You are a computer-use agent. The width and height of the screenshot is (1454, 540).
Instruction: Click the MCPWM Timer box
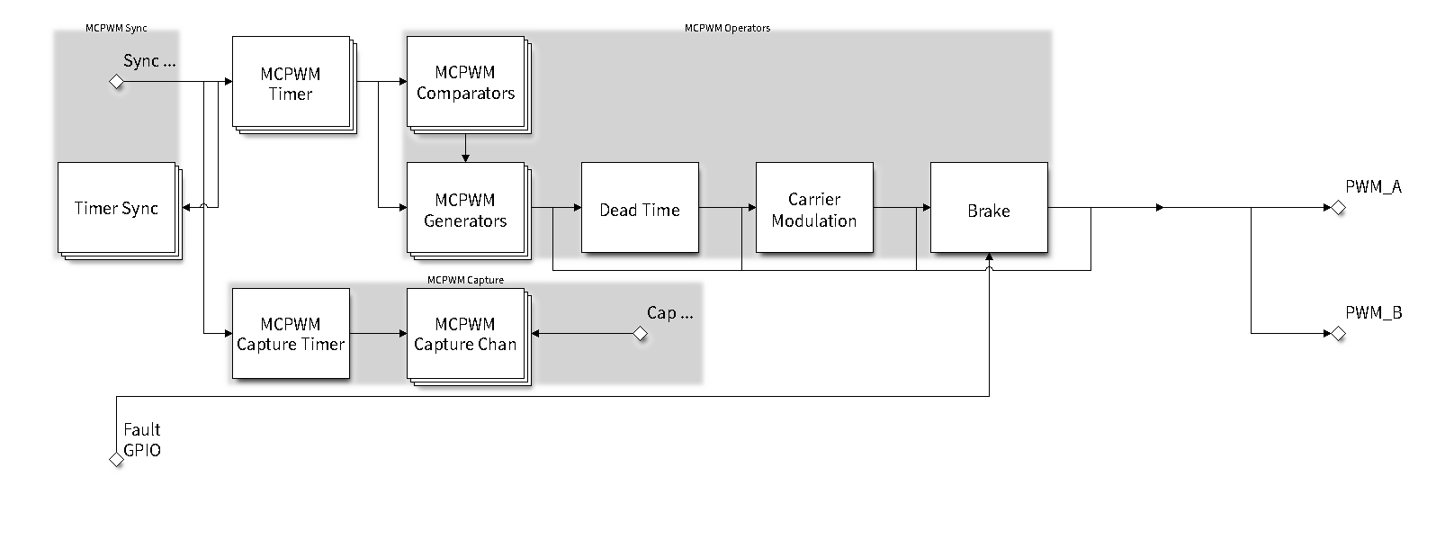point(291,83)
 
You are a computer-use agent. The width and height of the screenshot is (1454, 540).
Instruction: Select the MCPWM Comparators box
point(465,83)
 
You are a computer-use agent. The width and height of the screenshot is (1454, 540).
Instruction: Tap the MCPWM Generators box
point(465,210)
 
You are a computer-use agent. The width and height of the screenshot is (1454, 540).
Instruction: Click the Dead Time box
point(640,209)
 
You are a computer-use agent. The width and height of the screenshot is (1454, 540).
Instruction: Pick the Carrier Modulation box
point(814,209)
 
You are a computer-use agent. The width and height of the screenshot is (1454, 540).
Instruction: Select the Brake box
point(989,209)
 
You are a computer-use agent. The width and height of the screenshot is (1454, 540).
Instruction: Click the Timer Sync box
point(116,208)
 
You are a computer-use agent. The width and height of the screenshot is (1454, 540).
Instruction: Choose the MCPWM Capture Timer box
point(291,334)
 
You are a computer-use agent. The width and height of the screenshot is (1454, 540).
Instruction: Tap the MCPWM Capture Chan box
point(465,334)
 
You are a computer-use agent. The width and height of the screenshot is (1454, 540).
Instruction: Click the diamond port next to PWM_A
point(1338,208)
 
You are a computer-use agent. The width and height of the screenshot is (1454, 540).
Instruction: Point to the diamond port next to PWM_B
point(1338,334)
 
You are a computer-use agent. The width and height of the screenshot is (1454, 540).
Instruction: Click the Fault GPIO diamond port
point(116,460)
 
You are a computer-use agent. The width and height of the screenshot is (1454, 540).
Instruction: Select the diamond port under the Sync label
point(116,82)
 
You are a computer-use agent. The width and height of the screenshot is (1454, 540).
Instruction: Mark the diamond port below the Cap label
point(640,334)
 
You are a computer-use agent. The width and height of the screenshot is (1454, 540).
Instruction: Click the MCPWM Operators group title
point(727,28)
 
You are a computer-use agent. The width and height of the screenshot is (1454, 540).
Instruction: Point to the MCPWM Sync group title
point(116,28)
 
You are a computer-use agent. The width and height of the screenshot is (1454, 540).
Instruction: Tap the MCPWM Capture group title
point(465,280)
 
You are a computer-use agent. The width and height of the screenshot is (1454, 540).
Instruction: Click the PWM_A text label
point(1373,187)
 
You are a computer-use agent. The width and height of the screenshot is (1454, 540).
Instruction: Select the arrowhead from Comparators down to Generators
point(465,158)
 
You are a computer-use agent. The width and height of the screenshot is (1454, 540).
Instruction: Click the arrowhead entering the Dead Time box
point(578,208)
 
